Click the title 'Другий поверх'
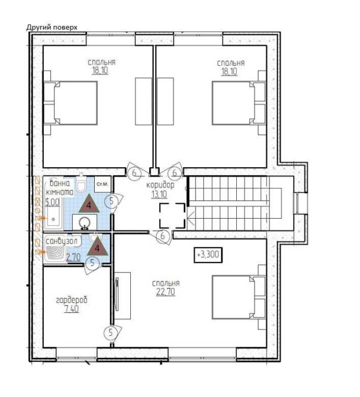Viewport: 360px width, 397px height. pyautogui.click(x=52, y=27)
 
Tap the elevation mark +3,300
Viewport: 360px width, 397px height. pyautogui.click(x=208, y=254)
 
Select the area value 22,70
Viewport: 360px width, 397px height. pyautogui.click(x=165, y=292)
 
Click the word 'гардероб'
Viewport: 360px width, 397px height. pyautogui.click(x=72, y=300)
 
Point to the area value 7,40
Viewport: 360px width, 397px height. pyautogui.click(x=72, y=309)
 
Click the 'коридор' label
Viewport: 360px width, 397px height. pyautogui.click(x=160, y=185)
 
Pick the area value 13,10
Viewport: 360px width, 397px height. pyautogui.click(x=159, y=194)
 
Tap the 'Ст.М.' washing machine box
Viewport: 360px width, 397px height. pyautogui.click(x=102, y=184)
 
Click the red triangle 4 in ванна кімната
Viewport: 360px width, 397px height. pyautogui.click(x=89, y=204)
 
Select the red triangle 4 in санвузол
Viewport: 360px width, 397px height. pyautogui.click(x=97, y=247)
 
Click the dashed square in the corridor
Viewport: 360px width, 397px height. pyautogui.click(x=172, y=216)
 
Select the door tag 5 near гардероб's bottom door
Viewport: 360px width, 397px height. pyautogui.click(x=111, y=332)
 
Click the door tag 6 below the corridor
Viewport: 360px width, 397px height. pyautogui.click(x=163, y=236)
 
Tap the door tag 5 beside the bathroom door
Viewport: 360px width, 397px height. pyautogui.click(x=111, y=201)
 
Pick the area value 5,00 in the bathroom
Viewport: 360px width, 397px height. pyautogui.click(x=52, y=202)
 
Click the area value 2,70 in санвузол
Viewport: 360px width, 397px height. pyautogui.click(x=73, y=257)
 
